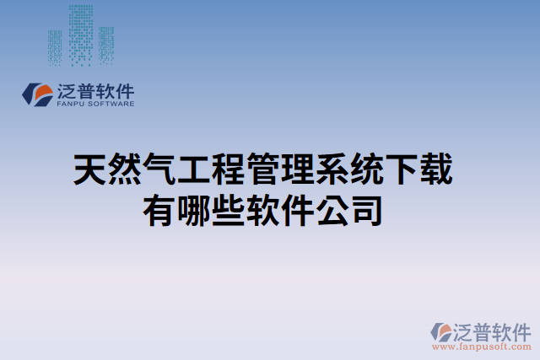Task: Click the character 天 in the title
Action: pyautogui.click(x=91, y=170)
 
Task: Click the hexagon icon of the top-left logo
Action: pyautogui.click(x=37, y=94)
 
